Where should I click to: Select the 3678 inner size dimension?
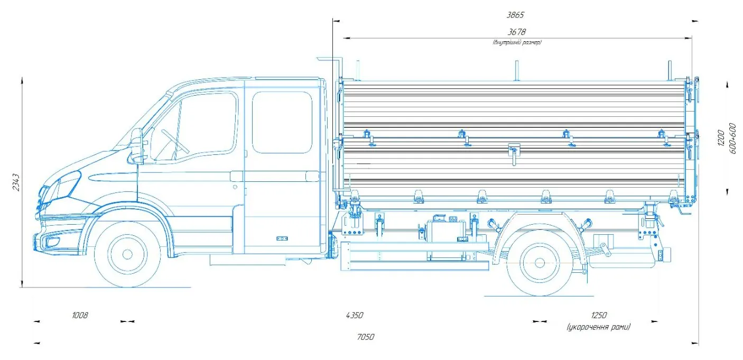pyautogui.click(x=516, y=32)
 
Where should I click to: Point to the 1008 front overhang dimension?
pyautogui.click(x=80, y=316)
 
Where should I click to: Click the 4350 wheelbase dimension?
pyautogui.click(x=354, y=316)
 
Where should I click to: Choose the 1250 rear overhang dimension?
pyautogui.click(x=599, y=316)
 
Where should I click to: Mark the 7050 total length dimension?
pyautogui.click(x=365, y=337)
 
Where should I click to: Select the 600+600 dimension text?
pyautogui.click(x=733, y=139)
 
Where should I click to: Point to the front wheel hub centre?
pyautogui.click(x=127, y=254)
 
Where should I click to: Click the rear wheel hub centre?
pyautogui.click(x=540, y=262)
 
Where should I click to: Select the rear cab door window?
pyautogui.click(x=282, y=122)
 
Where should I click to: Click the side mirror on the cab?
pyautogui.click(x=137, y=143)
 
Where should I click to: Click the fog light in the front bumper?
pyautogui.click(x=53, y=243)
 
